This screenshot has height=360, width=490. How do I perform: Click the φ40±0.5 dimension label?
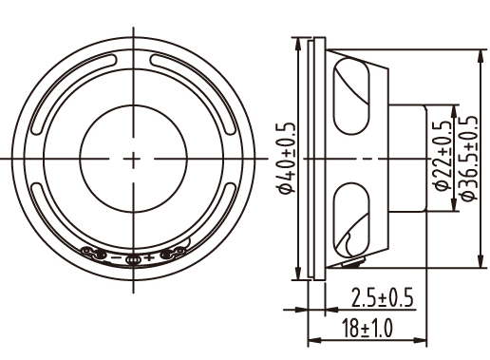tap(286, 158)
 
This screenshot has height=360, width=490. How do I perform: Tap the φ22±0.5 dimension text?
tap(442, 155)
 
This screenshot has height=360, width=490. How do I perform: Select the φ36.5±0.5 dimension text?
tap(468, 158)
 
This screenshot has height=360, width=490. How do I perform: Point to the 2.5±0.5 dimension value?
tap(382, 297)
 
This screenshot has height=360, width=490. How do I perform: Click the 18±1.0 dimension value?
tap(367, 328)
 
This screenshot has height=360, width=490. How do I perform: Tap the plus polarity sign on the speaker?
tap(149, 257)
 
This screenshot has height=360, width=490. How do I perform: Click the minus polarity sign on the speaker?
tap(116, 257)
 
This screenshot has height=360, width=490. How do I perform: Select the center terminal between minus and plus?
tap(133, 260)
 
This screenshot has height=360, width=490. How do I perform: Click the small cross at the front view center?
tap(133, 159)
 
